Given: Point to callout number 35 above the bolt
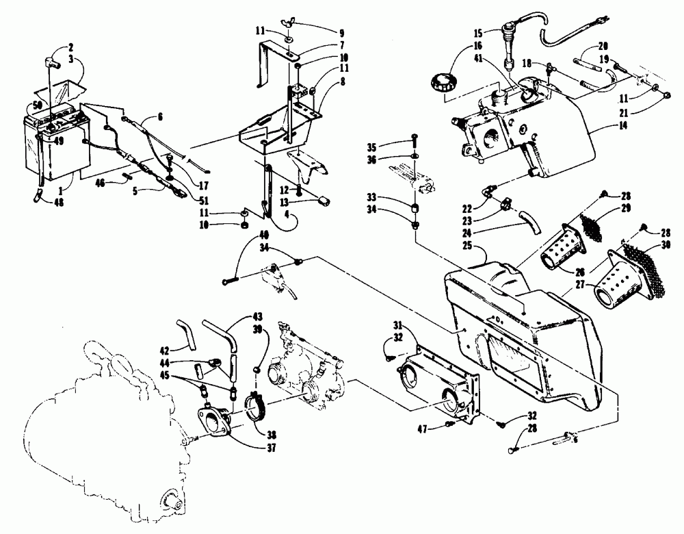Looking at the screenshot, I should pos(391,146).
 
